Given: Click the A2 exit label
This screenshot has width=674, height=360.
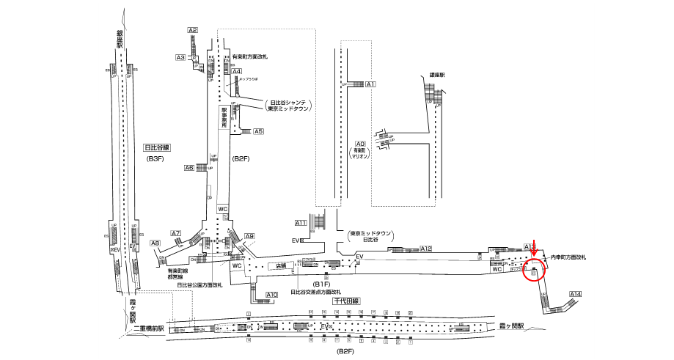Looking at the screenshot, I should pyautogui.click(x=193, y=30).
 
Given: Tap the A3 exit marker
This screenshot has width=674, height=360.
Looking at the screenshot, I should pyautogui.click(x=180, y=57).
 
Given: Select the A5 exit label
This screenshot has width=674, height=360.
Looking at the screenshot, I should pyautogui.click(x=258, y=132).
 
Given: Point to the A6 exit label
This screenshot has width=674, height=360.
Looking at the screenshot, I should pyautogui.click(x=189, y=167).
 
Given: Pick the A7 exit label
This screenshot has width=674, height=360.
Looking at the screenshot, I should pyautogui.click(x=176, y=233).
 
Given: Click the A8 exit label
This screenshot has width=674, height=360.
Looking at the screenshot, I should pyautogui.click(x=155, y=243).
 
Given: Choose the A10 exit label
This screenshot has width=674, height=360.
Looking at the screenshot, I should pyautogui.click(x=271, y=295).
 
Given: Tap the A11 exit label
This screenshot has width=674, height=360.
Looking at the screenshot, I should pyautogui.click(x=301, y=222).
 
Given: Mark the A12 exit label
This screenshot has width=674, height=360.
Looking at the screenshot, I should pyautogui.click(x=426, y=249).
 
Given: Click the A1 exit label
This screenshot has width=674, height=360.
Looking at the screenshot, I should pyautogui.click(x=370, y=85).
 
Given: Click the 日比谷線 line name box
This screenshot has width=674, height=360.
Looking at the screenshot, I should pyautogui.click(x=158, y=147).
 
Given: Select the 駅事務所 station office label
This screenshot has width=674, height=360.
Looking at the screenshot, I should pyautogui.click(x=224, y=117).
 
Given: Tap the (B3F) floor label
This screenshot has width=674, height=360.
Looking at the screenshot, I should pyautogui.click(x=156, y=158).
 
